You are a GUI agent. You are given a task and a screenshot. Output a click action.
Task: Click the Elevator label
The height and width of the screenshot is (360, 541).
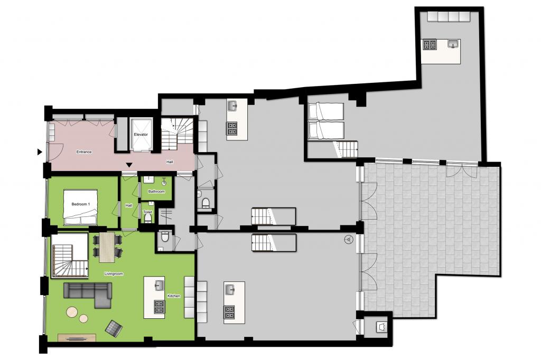(141, 135)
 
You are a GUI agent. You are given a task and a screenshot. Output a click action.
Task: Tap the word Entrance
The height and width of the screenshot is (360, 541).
(84, 151)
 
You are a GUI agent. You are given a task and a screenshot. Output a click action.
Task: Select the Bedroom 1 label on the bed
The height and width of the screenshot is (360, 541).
(81, 204)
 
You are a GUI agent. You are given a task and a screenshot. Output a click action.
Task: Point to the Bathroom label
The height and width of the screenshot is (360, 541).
(156, 192)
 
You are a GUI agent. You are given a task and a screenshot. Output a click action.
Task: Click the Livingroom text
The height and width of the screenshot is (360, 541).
(114, 274)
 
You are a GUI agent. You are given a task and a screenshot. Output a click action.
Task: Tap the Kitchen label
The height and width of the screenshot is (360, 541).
(174, 296)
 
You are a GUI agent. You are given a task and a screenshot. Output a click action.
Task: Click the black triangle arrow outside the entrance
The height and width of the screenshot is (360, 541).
(40, 151)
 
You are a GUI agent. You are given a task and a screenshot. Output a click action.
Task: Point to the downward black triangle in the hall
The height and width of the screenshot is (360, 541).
(129, 165)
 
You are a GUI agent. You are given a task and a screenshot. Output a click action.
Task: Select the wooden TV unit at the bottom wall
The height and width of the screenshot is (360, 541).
(77, 338)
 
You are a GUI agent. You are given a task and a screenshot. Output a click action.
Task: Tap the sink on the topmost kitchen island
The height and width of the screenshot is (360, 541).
(454, 44)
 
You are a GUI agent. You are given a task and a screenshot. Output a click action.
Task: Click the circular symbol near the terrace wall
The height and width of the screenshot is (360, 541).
(349, 239)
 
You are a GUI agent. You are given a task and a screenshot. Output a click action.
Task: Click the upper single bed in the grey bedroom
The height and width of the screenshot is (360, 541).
(325, 111)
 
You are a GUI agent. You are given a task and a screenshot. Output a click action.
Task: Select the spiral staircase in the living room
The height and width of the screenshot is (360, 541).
(70, 255)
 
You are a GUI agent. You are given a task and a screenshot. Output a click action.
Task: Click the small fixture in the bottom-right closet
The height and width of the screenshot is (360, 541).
(382, 327)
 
